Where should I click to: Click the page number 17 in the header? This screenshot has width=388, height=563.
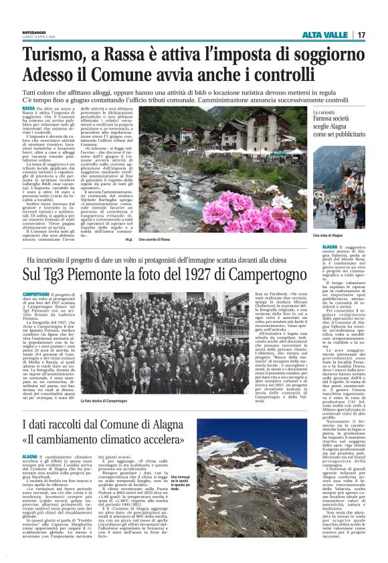point(361,35)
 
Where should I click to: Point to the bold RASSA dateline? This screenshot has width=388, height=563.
point(29,108)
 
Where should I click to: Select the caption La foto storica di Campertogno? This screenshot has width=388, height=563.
point(103,401)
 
